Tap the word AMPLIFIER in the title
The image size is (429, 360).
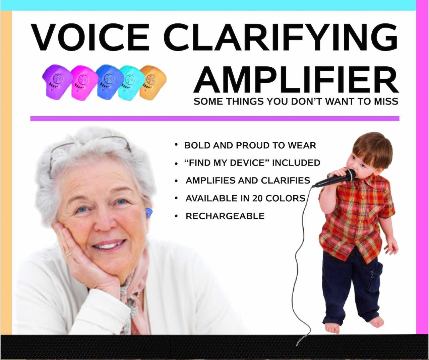296,80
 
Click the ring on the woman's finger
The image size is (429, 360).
69,255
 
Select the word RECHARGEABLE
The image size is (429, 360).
225,216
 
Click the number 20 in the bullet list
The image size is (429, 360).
257,198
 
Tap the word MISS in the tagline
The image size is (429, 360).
386,101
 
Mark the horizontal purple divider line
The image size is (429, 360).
215,119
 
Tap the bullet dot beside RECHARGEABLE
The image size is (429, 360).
176,216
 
